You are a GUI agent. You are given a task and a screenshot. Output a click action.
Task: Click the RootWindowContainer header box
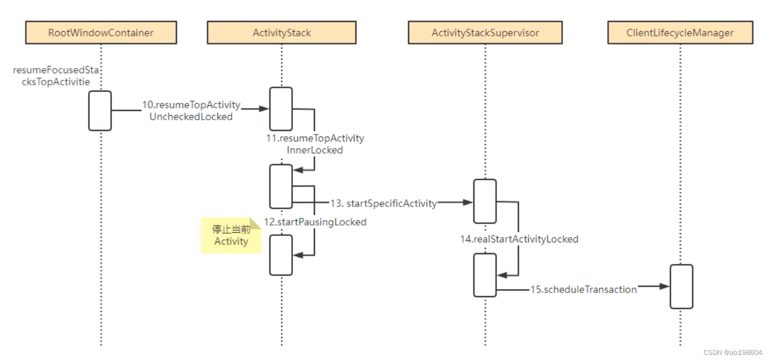[101, 33]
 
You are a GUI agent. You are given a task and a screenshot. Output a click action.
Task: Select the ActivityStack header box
[281, 33]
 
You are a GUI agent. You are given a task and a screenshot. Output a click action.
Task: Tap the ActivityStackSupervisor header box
[485, 33]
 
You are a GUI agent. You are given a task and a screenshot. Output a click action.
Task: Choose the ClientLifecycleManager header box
[680, 33]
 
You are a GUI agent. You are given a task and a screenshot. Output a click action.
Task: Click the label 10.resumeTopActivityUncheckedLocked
[191, 110]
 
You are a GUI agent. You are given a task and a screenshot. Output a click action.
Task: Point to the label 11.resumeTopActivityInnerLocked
[315, 144]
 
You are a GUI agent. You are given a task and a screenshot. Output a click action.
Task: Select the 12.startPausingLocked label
[315, 222]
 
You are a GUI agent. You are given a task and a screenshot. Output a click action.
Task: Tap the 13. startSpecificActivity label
[383, 203]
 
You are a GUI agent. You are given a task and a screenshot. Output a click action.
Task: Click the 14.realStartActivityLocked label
[518, 239]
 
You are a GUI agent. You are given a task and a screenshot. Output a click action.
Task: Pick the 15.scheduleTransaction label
[583, 289]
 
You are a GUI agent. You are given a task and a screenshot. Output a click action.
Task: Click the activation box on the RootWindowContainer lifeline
[100, 110]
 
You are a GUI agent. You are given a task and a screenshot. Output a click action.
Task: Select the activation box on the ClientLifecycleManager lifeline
[681, 286]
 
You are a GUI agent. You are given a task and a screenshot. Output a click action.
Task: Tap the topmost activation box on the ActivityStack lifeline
[281, 108]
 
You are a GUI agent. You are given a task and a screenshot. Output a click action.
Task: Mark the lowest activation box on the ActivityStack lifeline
[281, 255]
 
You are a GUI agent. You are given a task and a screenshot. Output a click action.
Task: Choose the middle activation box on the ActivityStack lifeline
[281, 186]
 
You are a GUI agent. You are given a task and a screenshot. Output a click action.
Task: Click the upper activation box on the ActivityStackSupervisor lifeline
[485, 201]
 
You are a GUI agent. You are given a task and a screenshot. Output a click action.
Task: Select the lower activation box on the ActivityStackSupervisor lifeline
[485, 275]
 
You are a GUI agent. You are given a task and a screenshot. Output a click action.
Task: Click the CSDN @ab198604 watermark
[732, 353]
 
